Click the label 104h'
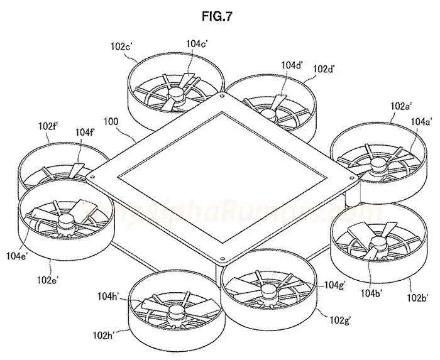coord(110,295)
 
